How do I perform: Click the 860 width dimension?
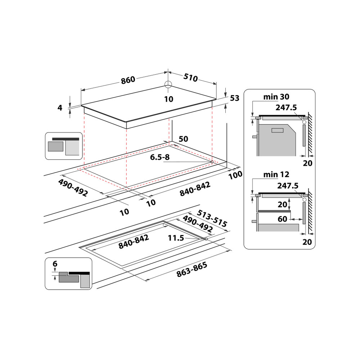(x=128, y=80)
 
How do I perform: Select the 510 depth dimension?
(x=191, y=77)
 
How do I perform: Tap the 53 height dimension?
(x=234, y=98)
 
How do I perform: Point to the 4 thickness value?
(x=60, y=107)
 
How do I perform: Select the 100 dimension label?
(x=235, y=175)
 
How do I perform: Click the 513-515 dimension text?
(x=212, y=218)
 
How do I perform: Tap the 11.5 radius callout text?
(x=176, y=238)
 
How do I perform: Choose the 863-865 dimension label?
(x=192, y=270)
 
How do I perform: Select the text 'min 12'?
(x=276, y=175)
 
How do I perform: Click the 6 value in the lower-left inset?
(x=55, y=264)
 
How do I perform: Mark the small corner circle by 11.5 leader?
(x=205, y=239)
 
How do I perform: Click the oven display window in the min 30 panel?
(x=278, y=130)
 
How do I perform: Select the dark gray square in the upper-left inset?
(x=55, y=147)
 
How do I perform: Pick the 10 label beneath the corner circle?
(x=168, y=99)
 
